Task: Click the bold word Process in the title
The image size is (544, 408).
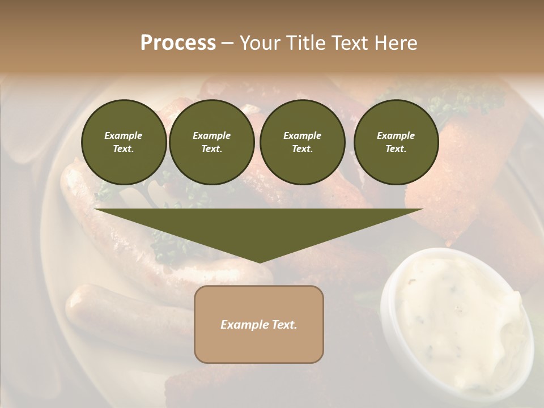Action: [178, 43]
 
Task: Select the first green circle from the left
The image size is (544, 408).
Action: [124, 142]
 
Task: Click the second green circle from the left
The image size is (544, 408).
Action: [211, 142]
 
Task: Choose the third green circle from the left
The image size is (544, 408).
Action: [302, 142]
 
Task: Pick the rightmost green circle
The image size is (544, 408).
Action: [396, 142]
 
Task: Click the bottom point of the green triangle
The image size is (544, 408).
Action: [259, 262]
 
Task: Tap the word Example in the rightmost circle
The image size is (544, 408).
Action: [396, 135]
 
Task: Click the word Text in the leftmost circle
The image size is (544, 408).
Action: [123, 148]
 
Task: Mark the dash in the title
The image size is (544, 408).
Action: [228, 43]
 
